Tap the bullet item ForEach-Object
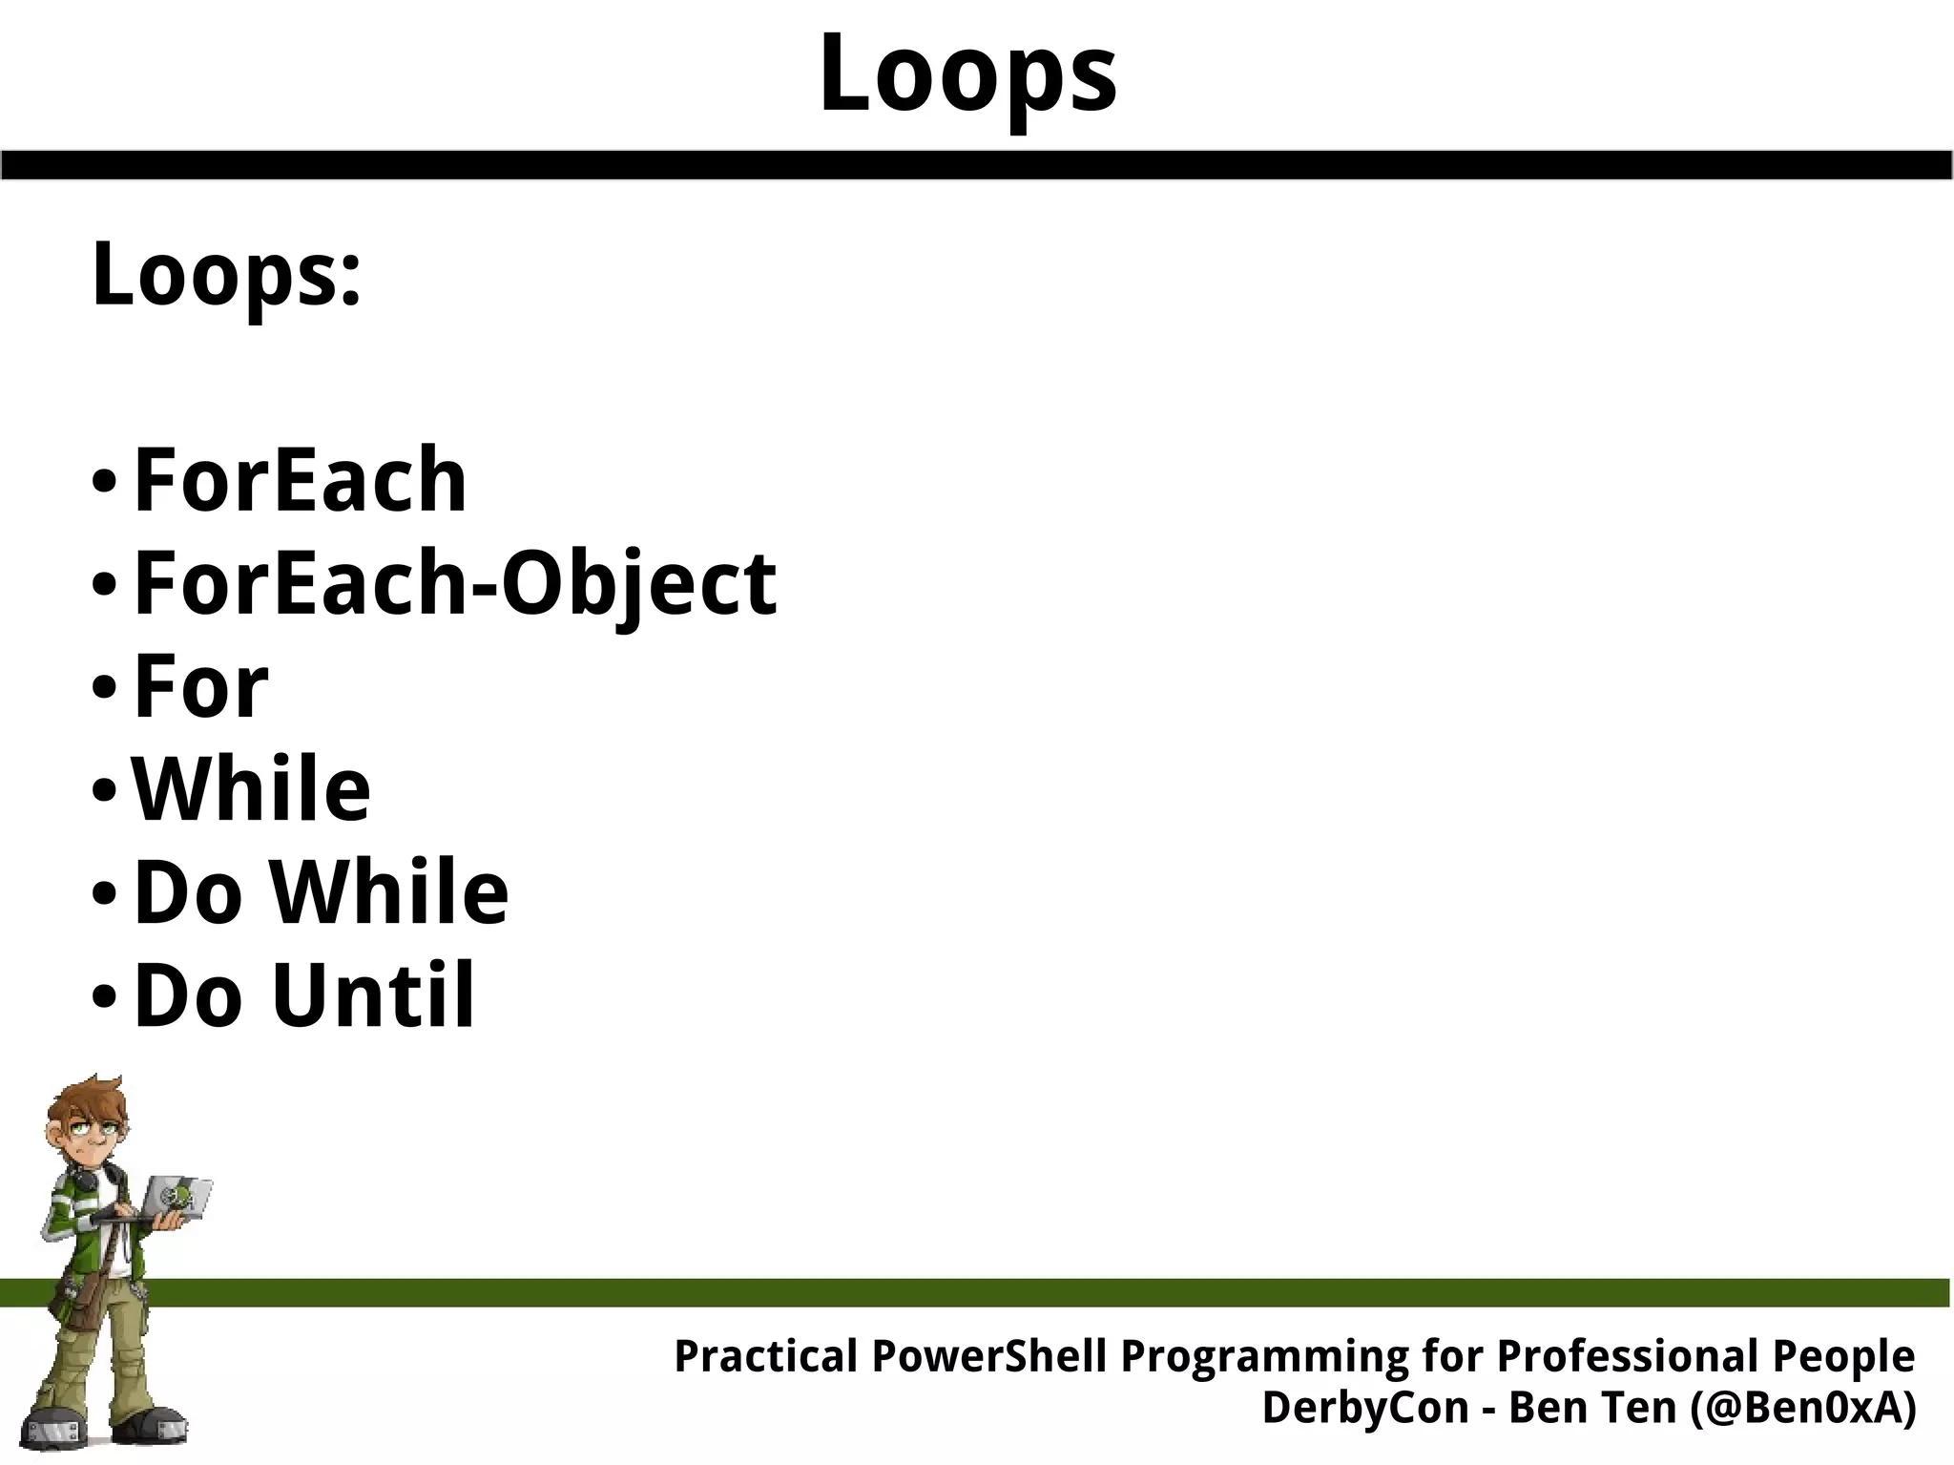tap(455, 583)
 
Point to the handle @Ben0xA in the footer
tap(1802, 1408)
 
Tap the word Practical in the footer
tap(766, 1356)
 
